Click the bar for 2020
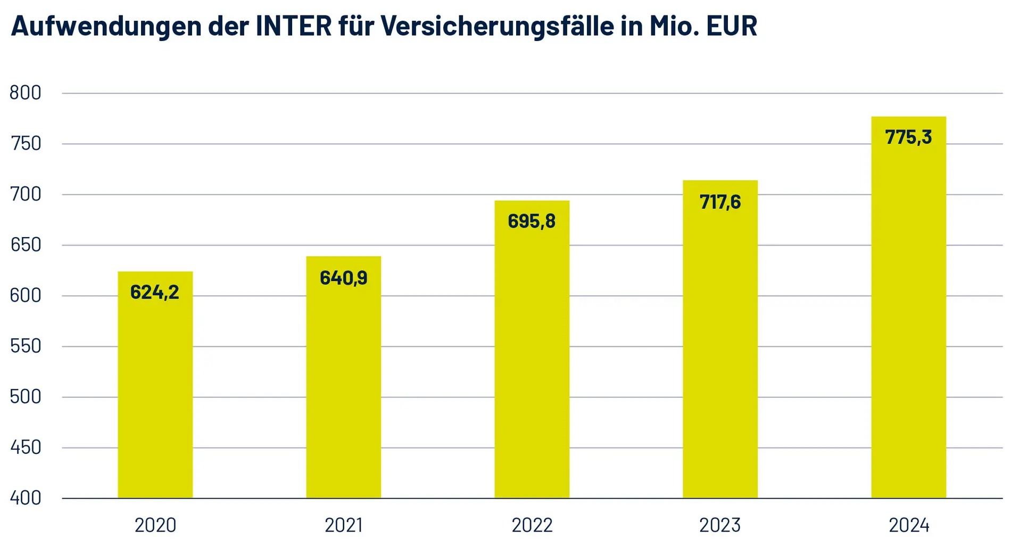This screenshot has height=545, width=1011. coord(155,394)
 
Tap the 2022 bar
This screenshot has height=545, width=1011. coord(532,362)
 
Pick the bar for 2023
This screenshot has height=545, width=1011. coord(720,352)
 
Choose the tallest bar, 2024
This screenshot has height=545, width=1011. coord(908,320)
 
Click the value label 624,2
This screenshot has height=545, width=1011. coord(155,292)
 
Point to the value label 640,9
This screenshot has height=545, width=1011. coord(343,278)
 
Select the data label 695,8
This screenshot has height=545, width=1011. coord(532,221)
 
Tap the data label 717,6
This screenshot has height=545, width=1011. coord(720,202)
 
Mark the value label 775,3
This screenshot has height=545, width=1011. coord(908,137)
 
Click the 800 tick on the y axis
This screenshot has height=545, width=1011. coord(26,93)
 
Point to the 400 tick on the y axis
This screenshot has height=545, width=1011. coord(26,498)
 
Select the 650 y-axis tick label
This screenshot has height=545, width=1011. coord(26,245)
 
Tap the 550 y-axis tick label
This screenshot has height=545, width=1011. coord(26,346)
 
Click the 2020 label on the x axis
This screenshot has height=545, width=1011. coord(155,526)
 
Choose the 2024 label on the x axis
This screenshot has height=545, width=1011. coord(908,526)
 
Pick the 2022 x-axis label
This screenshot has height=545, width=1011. coord(532,526)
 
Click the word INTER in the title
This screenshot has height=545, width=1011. coord(294,26)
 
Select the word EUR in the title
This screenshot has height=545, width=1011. coord(732,26)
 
